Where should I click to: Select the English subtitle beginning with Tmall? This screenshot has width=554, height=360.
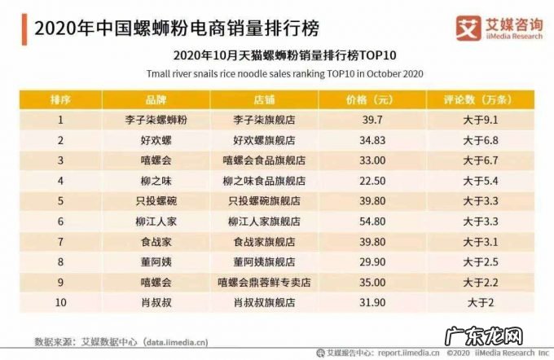pos(277,73)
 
